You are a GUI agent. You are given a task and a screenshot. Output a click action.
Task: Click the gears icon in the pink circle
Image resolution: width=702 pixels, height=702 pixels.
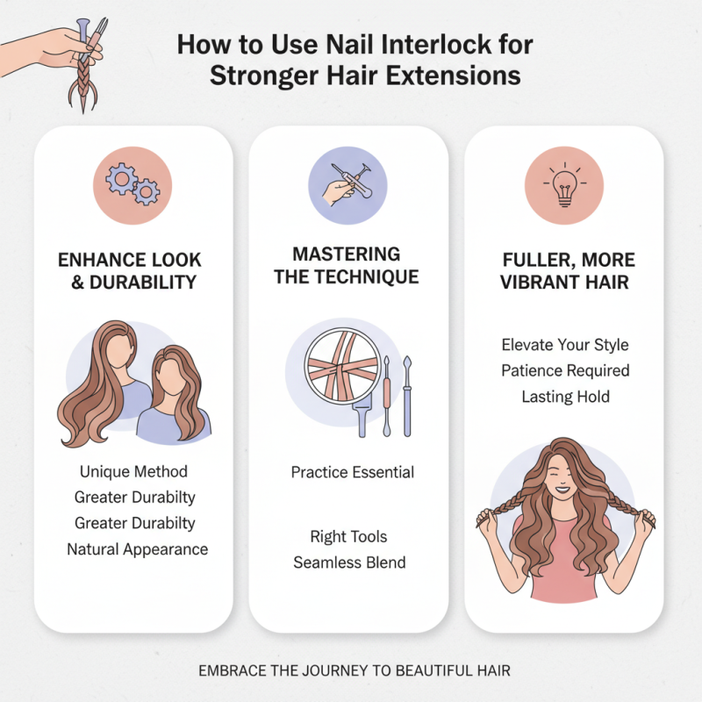133,185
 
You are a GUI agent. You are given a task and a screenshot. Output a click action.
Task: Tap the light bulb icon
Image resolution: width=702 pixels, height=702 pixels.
564,185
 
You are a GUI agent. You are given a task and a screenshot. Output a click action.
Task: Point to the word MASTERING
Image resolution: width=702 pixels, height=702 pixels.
347,254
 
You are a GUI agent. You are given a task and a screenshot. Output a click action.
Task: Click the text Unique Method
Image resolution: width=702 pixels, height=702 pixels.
133,472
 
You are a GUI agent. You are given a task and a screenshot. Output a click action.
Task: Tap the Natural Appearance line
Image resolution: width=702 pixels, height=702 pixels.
138,549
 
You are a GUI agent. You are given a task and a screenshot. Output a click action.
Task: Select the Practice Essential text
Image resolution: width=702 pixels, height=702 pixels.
353,472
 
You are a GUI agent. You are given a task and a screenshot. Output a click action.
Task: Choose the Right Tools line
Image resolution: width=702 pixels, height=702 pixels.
348,536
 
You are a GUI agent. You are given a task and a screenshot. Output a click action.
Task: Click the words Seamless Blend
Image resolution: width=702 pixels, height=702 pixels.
349,562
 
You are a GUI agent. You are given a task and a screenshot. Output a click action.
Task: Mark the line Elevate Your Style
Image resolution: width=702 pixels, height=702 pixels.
565,345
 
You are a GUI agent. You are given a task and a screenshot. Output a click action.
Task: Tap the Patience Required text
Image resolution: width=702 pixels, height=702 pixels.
565,370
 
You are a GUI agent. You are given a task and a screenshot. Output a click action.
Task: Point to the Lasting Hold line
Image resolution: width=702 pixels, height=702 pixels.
565,397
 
